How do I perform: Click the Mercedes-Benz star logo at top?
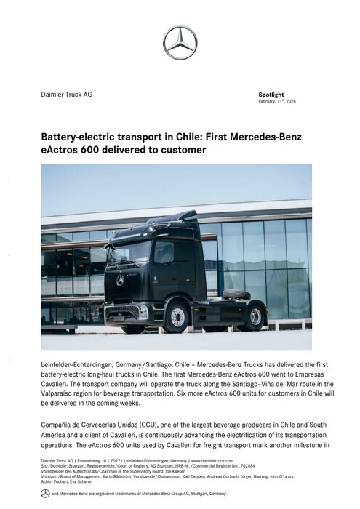pyautogui.click(x=180, y=42)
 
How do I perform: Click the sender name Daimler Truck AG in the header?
pyautogui.click(x=66, y=95)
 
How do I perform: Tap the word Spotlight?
pyautogui.click(x=271, y=95)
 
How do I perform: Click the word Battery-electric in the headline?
pyautogui.click(x=80, y=137)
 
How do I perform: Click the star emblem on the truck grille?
pyautogui.click(x=120, y=280)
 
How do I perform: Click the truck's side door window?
pyautogui.click(x=164, y=252)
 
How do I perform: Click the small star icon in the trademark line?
pyautogui.click(x=45, y=494)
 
